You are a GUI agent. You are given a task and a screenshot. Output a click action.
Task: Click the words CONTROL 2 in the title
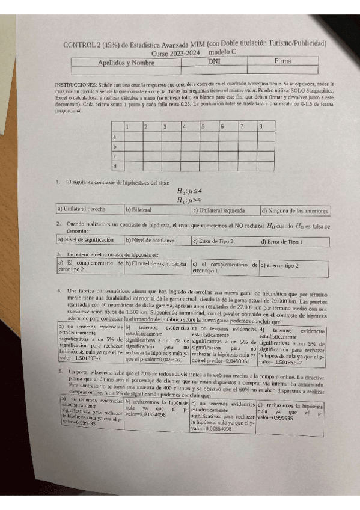[85, 44]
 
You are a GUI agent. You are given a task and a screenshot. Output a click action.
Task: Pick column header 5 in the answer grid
[204, 127]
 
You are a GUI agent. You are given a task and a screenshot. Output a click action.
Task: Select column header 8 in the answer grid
[260, 127]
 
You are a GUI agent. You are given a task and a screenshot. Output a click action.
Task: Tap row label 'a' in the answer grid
[114, 137]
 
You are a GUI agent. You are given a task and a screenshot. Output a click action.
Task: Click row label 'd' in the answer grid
[114, 165]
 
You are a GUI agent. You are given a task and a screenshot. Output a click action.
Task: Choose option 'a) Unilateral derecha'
[82, 210]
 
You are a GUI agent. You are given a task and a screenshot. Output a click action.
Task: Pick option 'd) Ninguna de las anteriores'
[294, 211]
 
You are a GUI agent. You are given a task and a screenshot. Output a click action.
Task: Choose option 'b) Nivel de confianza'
[150, 240]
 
